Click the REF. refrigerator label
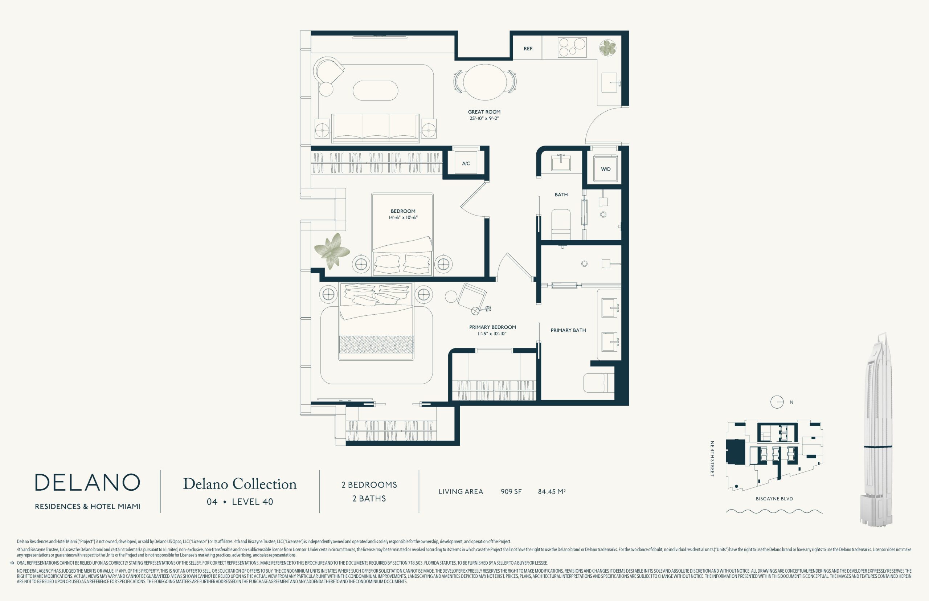[528, 49]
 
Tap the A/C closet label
[466, 164]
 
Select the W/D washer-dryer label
[606, 169]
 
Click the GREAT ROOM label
[484, 112]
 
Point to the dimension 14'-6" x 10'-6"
[403, 217]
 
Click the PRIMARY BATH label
[568, 330]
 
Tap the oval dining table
[484, 82]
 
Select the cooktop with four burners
[572, 48]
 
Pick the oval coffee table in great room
[375, 90]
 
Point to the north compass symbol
[777, 402]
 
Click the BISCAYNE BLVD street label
[774, 499]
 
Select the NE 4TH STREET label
[712, 459]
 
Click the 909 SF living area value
[511, 492]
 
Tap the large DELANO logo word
[87, 483]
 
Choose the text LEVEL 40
[253, 502]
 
